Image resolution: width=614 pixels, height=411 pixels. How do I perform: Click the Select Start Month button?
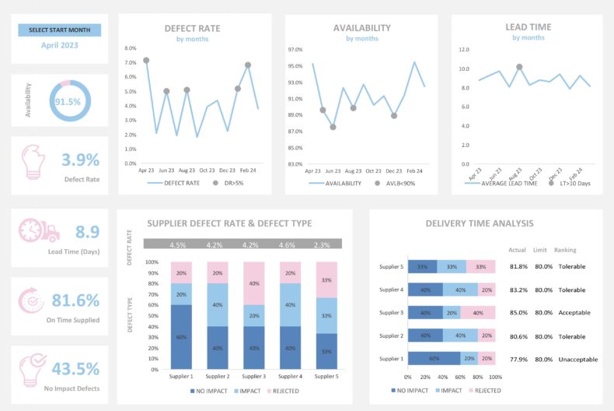click(59, 30)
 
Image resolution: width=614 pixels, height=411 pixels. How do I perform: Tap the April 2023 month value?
click(59, 46)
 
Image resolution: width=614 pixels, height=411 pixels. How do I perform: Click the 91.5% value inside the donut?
click(68, 102)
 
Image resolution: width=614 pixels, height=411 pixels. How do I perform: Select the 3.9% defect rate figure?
click(81, 160)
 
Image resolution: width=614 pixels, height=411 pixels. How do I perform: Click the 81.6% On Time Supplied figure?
click(75, 300)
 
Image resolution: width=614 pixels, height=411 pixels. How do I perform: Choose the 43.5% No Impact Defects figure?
click(75, 369)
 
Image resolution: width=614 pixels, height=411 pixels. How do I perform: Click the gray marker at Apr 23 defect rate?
click(146, 61)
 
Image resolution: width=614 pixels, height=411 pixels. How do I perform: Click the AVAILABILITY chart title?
click(361, 28)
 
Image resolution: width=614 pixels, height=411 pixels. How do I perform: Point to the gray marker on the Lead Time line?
click(519, 67)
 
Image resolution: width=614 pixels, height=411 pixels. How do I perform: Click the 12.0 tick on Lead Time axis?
click(464, 49)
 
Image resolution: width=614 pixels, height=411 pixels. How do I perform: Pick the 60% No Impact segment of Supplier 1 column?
click(181, 336)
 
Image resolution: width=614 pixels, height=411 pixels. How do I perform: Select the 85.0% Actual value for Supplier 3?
click(518, 313)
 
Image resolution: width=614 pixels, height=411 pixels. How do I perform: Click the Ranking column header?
click(565, 250)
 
